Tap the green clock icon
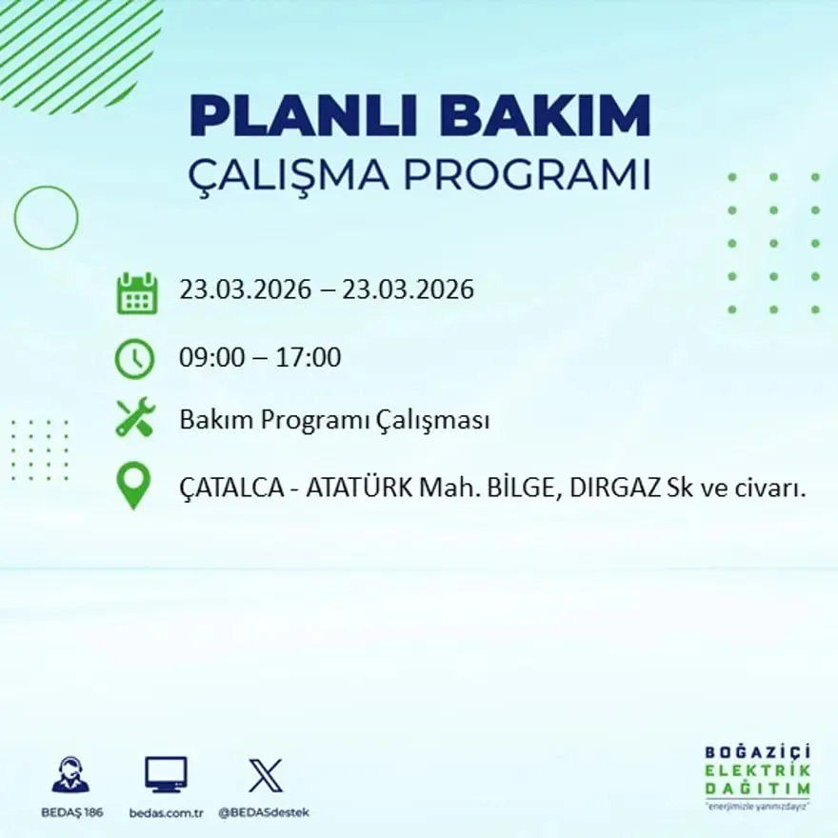(134, 359)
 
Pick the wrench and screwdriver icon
(134, 419)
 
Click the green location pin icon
(133, 485)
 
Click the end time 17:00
(309, 358)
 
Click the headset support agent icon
(70, 774)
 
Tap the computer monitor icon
(166, 774)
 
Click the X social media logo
(265, 774)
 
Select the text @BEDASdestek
(264, 812)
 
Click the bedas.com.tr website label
(166, 812)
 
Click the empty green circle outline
(46, 218)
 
